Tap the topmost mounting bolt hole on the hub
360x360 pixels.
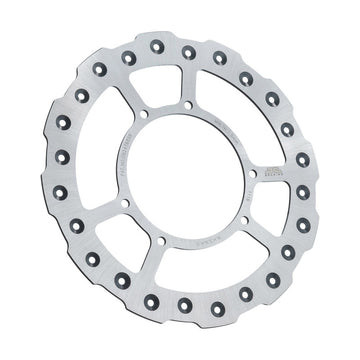pyautogui.click(x=189, y=104)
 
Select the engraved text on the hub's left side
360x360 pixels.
pyautogui.click(x=124, y=150)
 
